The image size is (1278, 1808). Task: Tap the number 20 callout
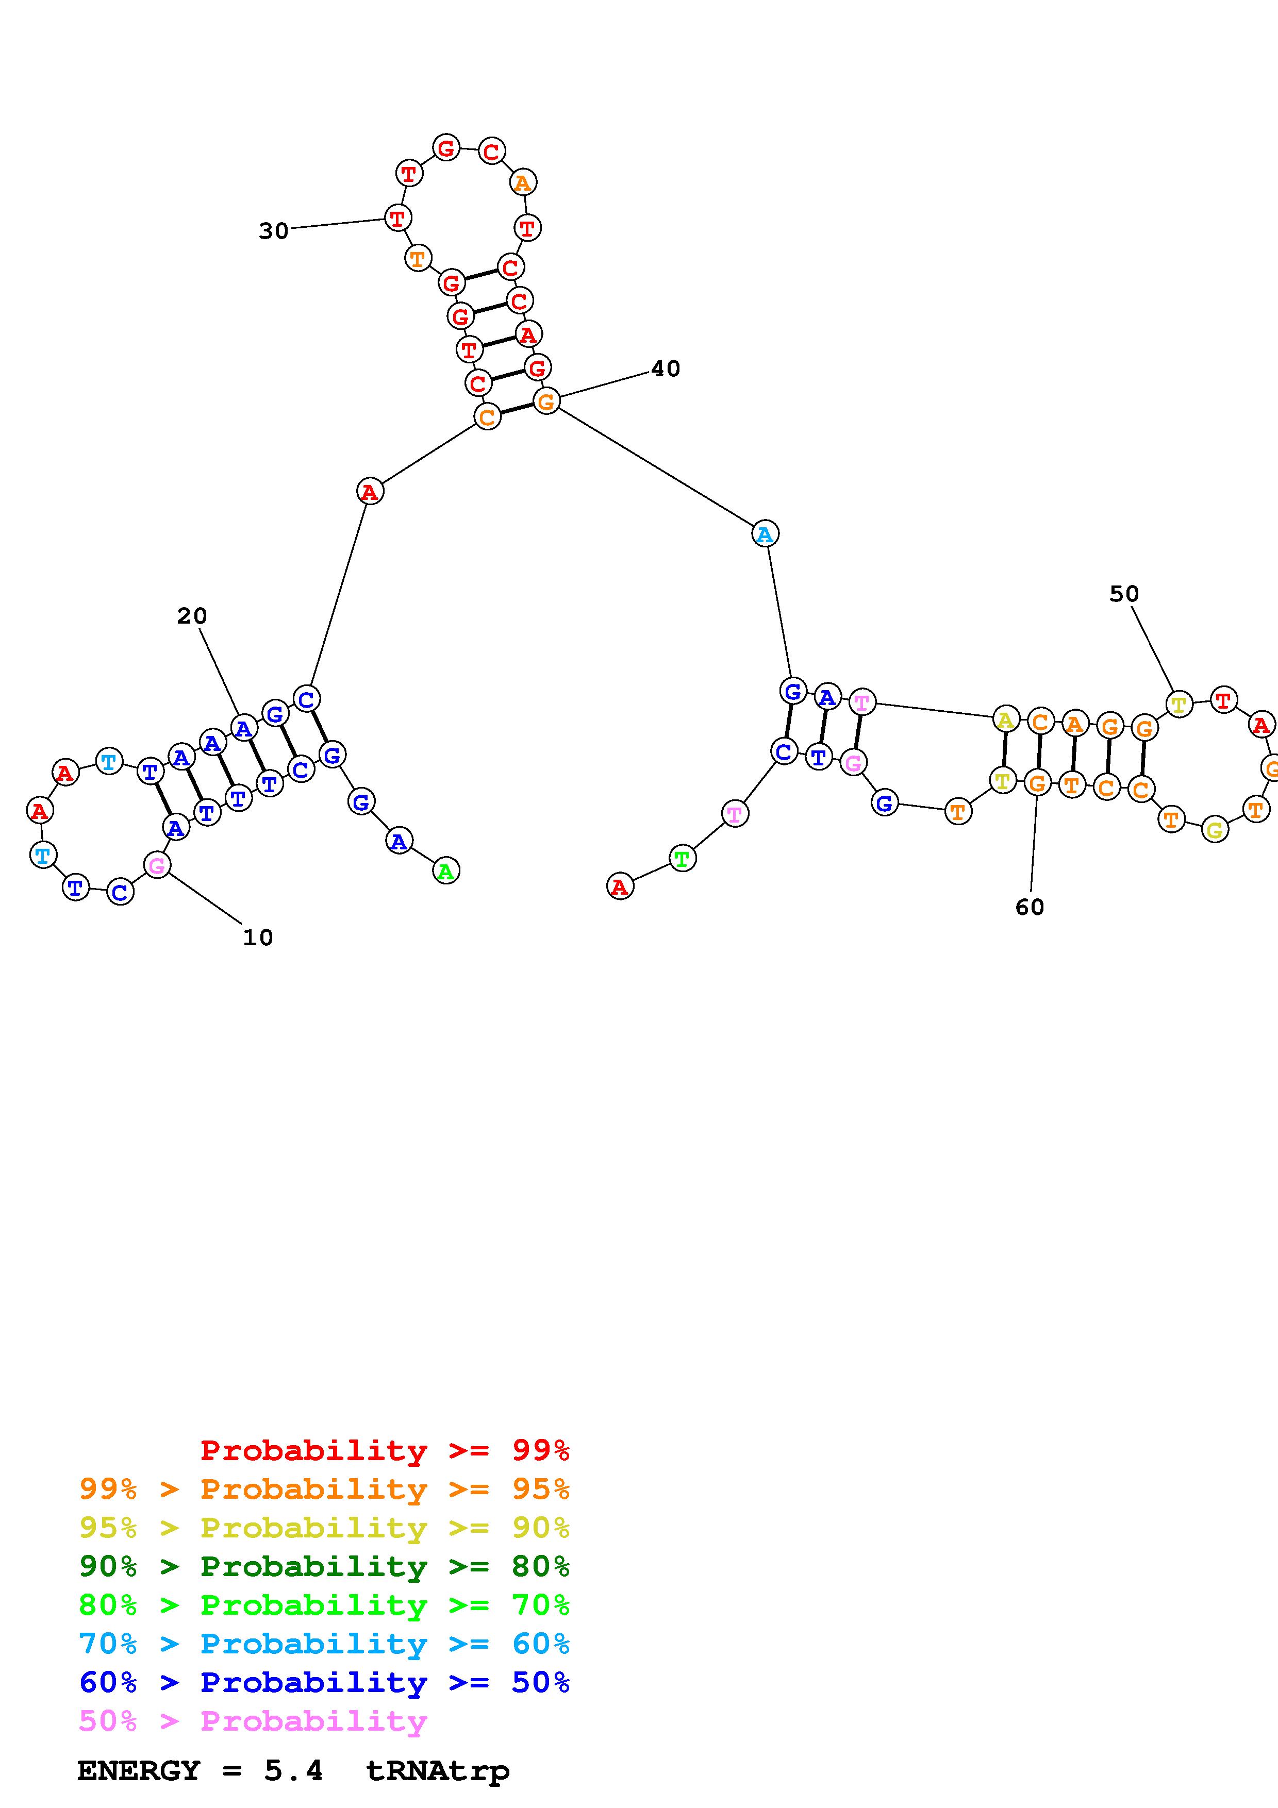pos(191,616)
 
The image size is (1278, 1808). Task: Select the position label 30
pos(273,231)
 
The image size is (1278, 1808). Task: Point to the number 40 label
pos(666,369)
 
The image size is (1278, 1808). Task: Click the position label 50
pos(1124,594)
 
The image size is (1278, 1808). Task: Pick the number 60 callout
pos(1029,907)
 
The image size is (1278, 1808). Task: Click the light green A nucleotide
pos(446,871)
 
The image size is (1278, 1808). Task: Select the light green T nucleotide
pos(682,858)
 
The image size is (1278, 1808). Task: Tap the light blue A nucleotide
pos(765,534)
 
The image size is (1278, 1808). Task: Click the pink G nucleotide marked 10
pos(157,865)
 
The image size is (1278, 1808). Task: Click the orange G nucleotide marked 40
pos(546,401)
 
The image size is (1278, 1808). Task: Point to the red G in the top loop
pos(446,147)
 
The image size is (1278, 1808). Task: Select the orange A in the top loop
pos(522,182)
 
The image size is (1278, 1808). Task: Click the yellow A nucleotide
pos(1005,719)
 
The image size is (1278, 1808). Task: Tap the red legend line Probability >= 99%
pos(384,1450)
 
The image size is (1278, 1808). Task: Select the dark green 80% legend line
pos(324,1566)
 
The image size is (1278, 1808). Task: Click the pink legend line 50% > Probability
pos(253,1720)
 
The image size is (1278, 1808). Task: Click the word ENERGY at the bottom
pos(139,1770)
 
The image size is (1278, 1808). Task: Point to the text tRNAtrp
pos(437,1770)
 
